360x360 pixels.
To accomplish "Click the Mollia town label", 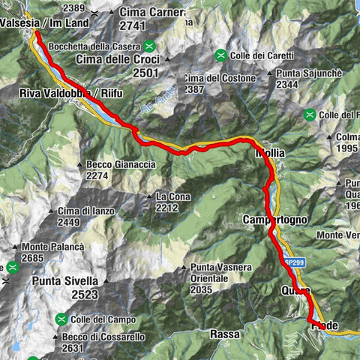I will [270, 153].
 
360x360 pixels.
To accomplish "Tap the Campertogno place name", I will [275, 220].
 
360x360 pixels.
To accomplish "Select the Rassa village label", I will [224, 333].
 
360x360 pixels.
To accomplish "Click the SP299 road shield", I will [294, 262].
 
